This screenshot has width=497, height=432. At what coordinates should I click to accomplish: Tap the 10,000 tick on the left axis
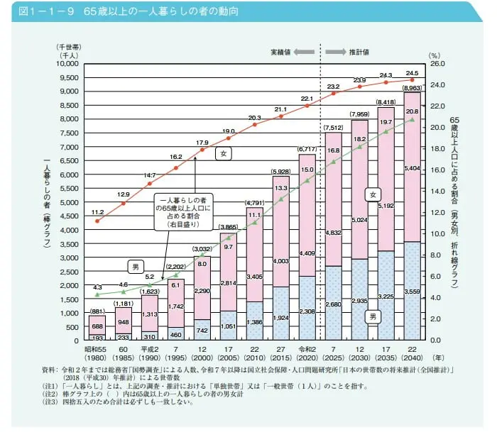[x=71, y=64]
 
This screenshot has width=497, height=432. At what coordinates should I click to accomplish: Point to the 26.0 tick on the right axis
[x=436, y=64]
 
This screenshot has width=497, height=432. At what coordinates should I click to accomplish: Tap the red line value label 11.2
[x=98, y=212]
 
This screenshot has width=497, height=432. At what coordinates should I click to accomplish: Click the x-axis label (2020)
[x=307, y=358]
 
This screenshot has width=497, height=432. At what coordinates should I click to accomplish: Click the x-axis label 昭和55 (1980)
[x=98, y=353]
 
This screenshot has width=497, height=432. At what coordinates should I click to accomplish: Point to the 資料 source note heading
[x=49, y=370]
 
